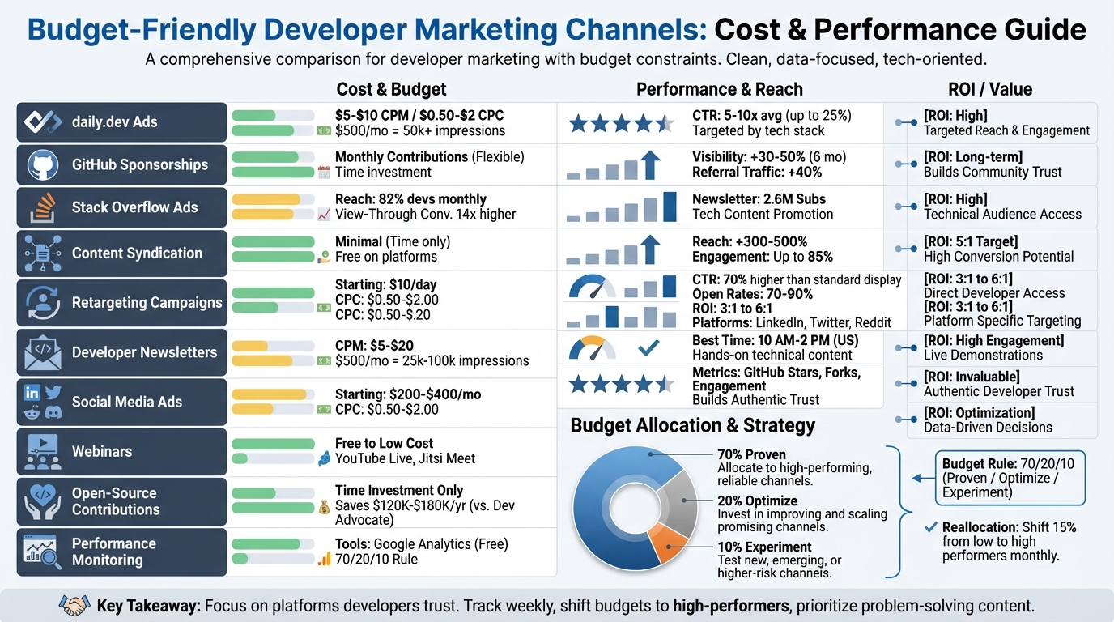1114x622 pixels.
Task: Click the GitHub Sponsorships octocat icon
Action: [x=43, y=164]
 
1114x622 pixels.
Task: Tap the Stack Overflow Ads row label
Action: [x=134, y=207]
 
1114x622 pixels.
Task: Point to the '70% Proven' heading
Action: [x=751, y=454]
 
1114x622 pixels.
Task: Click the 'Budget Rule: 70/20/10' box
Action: [x=1010, y=479]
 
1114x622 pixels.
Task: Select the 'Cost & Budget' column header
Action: [x=391, y=89]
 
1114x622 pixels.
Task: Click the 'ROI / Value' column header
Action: [x=989, y=89]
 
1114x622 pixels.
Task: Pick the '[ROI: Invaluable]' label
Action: [x=972, y=377]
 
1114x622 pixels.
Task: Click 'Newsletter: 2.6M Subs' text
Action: [x=759, y=199]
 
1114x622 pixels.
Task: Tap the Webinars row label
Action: [x=101, y=451]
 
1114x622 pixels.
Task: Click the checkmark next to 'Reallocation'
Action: [x=930, y=527]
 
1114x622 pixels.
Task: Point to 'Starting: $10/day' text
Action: [x=385, y=285]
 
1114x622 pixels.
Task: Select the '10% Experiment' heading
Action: [x=764, y=547]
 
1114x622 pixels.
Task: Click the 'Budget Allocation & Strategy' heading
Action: [x=692, y=425]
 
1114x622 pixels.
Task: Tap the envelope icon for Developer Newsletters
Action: [x=43, y=352]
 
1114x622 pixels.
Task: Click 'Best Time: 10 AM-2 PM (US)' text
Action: [x=775, y=340]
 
